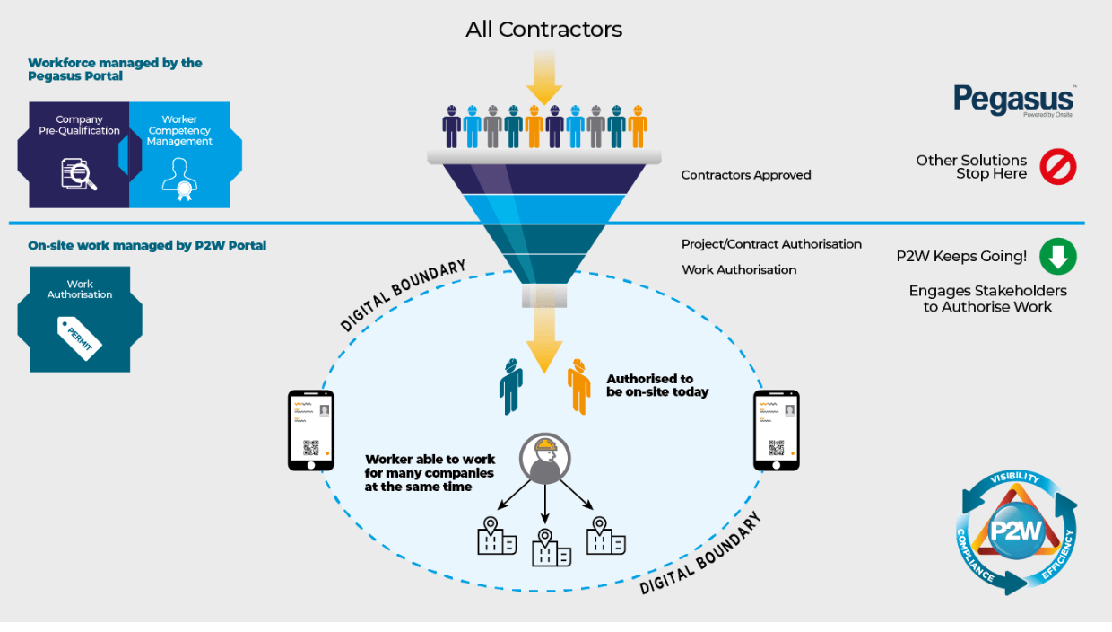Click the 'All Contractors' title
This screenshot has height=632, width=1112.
point(543,29)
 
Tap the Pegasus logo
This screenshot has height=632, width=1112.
point(1012,100)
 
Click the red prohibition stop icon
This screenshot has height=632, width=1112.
point(1057,167)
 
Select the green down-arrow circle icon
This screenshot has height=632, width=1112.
point(1057,257)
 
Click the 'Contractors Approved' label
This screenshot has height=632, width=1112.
point(746,175)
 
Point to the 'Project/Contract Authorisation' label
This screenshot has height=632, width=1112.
point(771,244)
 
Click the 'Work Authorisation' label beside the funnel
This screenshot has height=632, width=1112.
point(739,269)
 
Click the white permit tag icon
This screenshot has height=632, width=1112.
point(80,338)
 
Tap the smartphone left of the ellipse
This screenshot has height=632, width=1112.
point(310,430)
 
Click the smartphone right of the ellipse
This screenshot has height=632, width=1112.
point(776,430)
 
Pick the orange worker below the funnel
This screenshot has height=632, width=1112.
point(579,387)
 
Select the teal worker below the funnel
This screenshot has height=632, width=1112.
point(511,387)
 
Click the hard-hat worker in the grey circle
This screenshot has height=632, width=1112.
point(543,459)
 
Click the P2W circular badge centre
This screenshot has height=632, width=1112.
point(1015,530)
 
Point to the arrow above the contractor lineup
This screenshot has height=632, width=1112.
point(543,77)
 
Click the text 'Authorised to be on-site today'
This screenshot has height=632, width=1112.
point(657,385)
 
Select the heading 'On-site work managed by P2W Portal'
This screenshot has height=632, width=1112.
point(147,245)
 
